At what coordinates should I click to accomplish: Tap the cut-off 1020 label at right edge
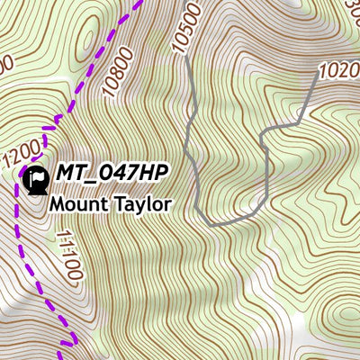click(338, 69)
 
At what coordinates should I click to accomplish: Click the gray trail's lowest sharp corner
click(206, 223)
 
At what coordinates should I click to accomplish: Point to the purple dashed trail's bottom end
click(66, 343)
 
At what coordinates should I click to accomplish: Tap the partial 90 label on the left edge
click(4, 65)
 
